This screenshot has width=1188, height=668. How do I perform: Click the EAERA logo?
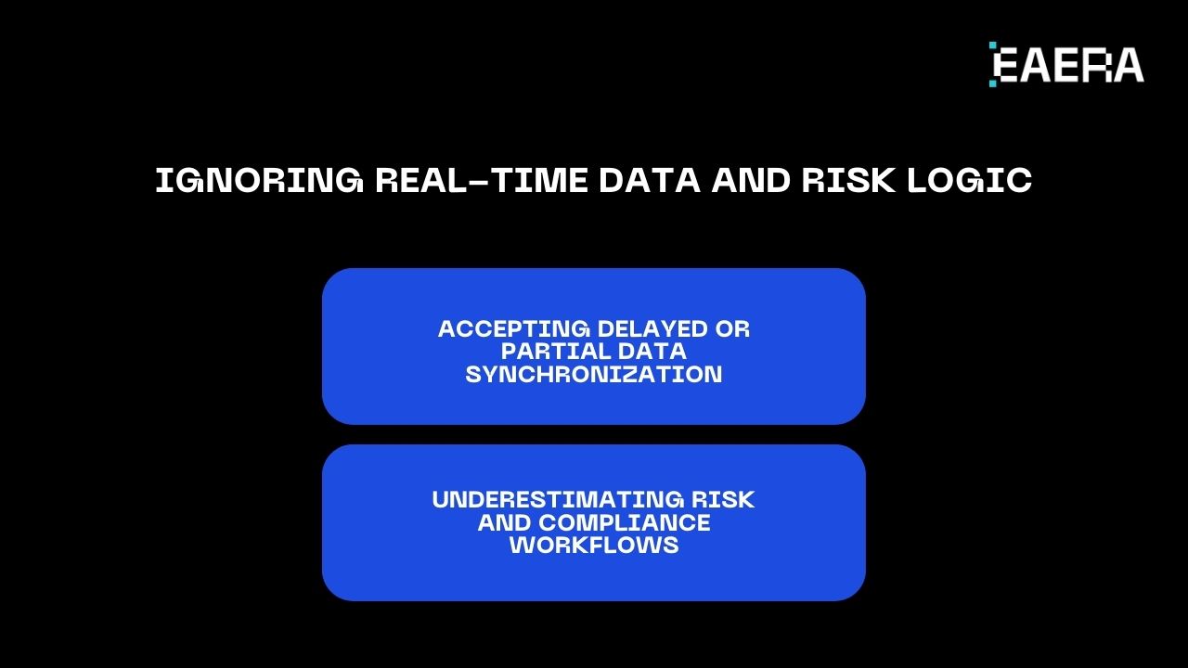[1066, 64]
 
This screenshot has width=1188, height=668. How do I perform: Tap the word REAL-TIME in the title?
[482, 181]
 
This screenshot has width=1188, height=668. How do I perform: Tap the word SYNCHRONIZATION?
[594, 374]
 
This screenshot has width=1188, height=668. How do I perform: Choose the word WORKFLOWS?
[594, 545]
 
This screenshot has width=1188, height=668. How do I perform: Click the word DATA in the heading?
[650, 181]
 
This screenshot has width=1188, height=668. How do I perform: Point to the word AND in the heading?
[751, 181]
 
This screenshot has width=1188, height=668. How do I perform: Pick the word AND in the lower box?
[504, 522]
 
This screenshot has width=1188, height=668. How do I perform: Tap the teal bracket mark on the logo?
[993, 64]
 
